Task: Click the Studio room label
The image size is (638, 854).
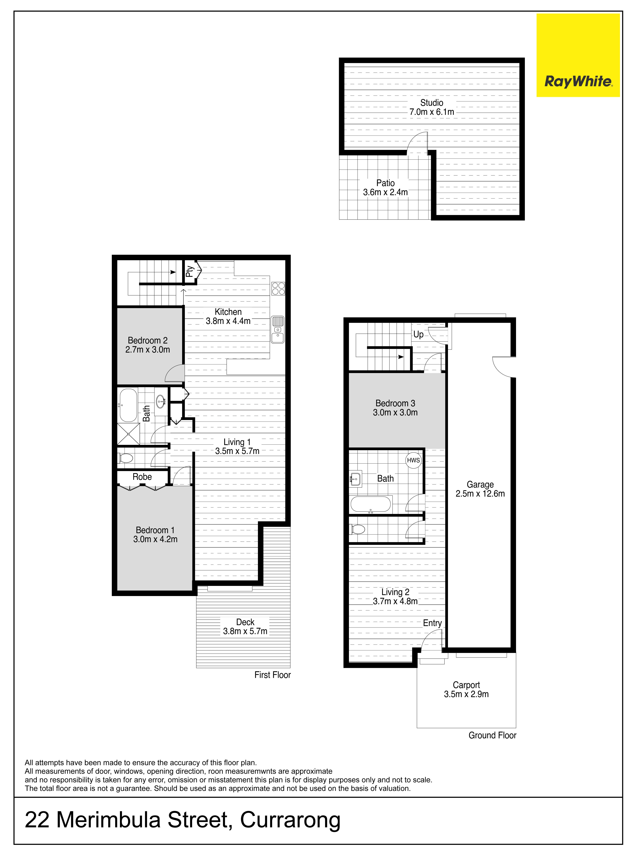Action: pyautogui.click(x=432, y=103)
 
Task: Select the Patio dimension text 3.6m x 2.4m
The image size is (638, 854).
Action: pyautogui.click(x=385, y=192)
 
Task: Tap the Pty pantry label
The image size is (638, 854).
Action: pyautogui.click(x=189, y=271)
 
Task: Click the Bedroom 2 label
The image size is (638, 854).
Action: pyautogui.click(x=148, y=340)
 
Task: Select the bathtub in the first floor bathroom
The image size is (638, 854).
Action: pyautogui.click(x=128, y=405)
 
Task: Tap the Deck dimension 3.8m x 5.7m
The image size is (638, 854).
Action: pyautogui.click(x=245, y=631)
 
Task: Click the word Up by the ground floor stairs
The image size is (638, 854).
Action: pyautogui.click(x=419, y=334)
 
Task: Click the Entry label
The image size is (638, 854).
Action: pyautogui.click(x=432, y=623)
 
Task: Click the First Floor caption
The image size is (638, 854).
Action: pyautogui.click(x=273, y=675)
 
